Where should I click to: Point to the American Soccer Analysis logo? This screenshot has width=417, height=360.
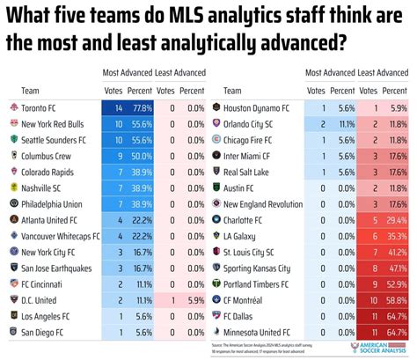click(379, 349)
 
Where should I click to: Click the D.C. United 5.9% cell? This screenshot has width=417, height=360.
click(194, 299)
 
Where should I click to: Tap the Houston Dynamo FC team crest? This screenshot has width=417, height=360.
click(216, 107)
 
